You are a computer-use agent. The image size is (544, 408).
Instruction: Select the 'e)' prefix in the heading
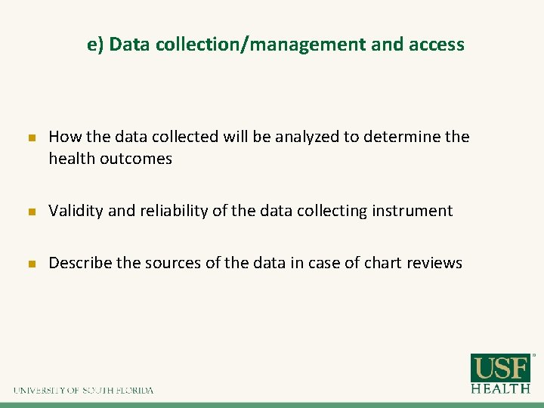[x=95, y=45]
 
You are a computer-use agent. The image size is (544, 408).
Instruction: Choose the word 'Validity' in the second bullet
[x=76, y=211]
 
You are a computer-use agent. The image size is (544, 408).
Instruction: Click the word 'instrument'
[x=412, y=211]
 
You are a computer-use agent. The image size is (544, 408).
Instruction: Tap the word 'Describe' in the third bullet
[x=79, y=263]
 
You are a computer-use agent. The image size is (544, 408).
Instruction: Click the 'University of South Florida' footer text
[x=83, y=391]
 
